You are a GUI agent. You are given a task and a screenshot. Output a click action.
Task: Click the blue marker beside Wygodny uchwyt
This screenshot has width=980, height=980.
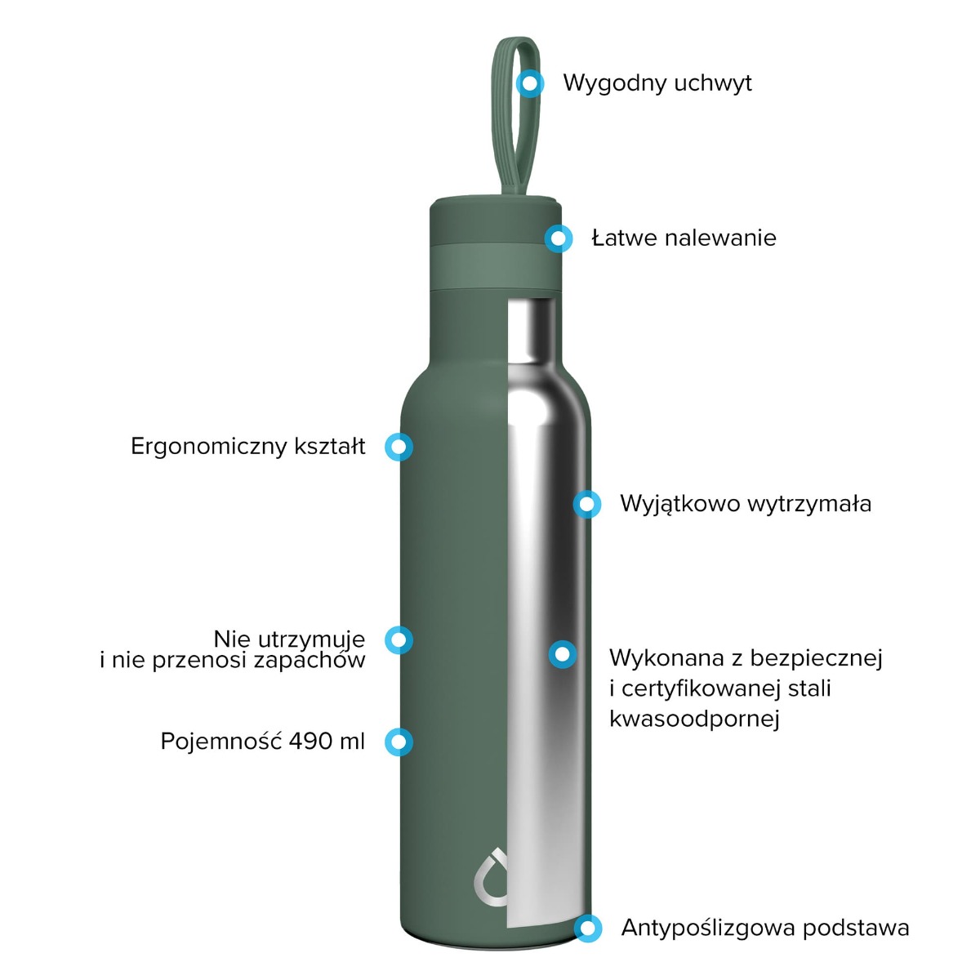click(x=529, y=83)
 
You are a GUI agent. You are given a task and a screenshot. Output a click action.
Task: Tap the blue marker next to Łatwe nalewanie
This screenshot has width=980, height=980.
click(x=558, y=238)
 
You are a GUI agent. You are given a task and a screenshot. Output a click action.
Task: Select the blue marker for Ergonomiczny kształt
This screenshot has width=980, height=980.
click(x=399, y=447)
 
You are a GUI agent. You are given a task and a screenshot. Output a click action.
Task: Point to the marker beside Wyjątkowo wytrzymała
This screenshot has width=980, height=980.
click(x=587, y=504)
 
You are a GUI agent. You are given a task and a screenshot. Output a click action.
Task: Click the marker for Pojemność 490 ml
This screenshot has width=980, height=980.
click(x=399, y=742)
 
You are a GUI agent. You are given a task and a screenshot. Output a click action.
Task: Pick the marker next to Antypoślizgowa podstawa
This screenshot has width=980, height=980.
click(x=587, y=928)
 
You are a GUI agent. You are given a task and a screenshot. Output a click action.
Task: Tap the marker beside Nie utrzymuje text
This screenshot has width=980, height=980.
click(x=399, y=639)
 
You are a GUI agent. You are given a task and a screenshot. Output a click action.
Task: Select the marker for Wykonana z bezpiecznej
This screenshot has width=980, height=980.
click(x=562, y=654)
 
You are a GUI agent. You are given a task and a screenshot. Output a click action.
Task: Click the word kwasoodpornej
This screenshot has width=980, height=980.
click(x=694, y=719)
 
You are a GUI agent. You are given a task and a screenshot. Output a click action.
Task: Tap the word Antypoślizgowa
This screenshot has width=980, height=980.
click(x=707, y=929)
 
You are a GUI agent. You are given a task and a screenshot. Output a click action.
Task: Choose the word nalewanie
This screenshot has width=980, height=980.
click(x=720, y=238)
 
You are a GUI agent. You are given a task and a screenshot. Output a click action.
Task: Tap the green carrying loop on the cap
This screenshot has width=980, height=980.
click(x=514, y=116)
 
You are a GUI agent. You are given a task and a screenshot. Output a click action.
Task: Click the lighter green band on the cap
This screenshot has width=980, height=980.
click(x=496, y=266)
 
